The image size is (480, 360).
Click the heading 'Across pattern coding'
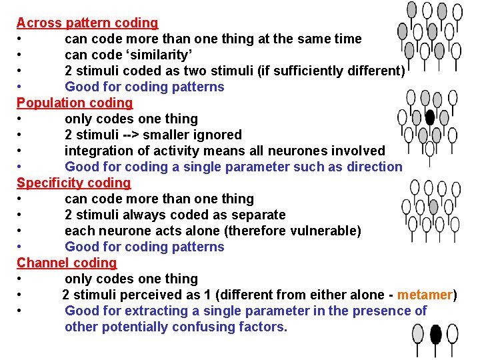pyautogui.click(x=87, y=23)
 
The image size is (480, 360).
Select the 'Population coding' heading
pyautogui.click(x=75, y=103)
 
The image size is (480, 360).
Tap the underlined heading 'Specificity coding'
pyautogui.click(x=73, y=183)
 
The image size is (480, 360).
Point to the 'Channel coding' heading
pyautogui.click(x=67, y=263)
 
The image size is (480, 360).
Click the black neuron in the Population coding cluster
pyautogui.click(x=430, y=117)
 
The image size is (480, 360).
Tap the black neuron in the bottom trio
pyautogui.click(x=436, y=333)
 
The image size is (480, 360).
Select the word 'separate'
pyautogui.click(x=256, y=215)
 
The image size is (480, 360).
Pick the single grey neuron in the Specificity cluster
pyautogui.click(x=433, y=207)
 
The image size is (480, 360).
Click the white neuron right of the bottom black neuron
pyautogui.click(x=453, y=333)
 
